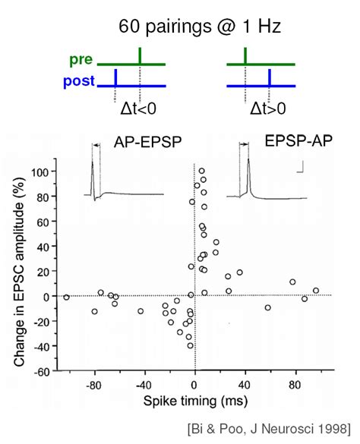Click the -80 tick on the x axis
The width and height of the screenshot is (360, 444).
(95, 384)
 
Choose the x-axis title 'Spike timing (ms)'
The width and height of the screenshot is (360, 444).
(195, 398)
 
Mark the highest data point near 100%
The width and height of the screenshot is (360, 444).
(201, 172)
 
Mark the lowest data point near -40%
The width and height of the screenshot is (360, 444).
(190, 345)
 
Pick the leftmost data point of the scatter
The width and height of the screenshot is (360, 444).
(67, 298)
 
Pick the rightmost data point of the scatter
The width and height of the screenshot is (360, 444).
(316, 290)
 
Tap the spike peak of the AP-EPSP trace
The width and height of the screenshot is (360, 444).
(92, 164)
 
